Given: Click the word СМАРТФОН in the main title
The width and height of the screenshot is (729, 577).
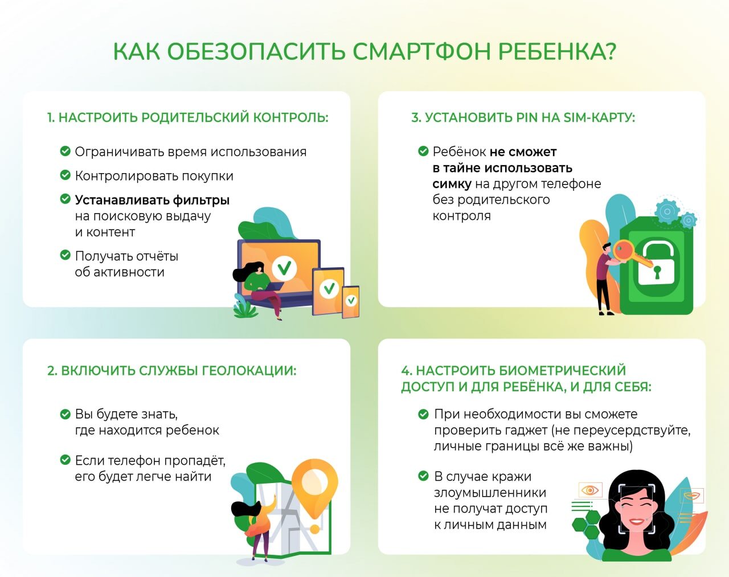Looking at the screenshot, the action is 421,51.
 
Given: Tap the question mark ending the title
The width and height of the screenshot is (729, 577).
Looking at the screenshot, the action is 609,51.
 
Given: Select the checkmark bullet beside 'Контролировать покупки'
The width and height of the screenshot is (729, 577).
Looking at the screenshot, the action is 65,175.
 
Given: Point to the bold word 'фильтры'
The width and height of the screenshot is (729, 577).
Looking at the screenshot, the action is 201,200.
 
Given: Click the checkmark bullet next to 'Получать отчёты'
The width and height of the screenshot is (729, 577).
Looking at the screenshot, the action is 65,255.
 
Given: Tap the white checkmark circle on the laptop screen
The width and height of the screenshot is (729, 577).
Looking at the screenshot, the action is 284,268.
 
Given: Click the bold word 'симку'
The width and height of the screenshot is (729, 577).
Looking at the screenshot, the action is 452,183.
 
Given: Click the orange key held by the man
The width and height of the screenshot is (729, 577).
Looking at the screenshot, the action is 631,255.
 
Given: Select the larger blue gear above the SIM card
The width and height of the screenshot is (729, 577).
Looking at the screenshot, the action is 667,211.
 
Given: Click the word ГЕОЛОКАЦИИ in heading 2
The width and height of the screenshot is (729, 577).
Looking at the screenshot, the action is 249,371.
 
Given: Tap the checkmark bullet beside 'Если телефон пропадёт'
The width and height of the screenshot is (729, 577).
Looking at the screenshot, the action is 65,460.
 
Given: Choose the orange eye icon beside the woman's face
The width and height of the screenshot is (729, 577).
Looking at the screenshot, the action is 590,490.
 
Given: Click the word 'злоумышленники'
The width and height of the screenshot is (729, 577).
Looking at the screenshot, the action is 490,492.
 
